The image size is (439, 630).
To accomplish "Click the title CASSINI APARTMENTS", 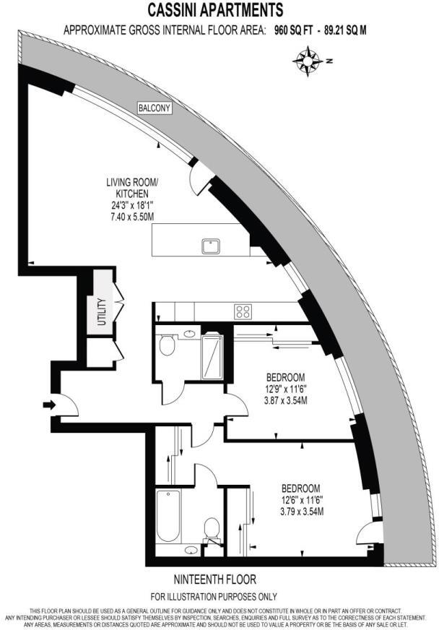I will coord(215,10).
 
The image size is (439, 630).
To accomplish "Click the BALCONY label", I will coord(156,108).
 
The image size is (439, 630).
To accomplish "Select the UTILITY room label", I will coord(101,311).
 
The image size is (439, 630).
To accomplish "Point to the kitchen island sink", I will coord(211,244).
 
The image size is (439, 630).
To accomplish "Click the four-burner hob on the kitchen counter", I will coord(243,312).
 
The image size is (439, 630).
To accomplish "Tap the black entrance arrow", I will coord(50,405).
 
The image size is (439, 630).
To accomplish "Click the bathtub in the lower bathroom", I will coord(168,516).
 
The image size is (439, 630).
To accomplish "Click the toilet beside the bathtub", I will coord(212,528).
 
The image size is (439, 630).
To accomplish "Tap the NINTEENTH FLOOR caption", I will coord(214,579).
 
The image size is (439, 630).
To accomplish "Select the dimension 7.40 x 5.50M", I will coord(127,216).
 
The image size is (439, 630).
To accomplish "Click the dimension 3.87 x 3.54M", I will coord(286,400).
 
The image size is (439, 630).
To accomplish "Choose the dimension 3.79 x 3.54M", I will coord(300,512).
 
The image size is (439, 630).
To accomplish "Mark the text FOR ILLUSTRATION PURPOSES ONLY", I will coord(214,597).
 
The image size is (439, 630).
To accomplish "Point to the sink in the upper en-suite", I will coord(189,333).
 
